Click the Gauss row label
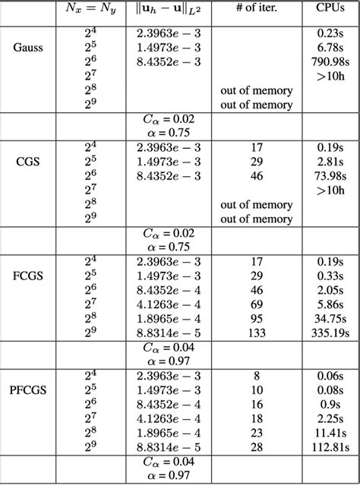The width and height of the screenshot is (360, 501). tap(29, 47)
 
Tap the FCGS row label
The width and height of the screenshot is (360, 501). tap(29, 274)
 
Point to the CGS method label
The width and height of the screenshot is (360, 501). tap(29, 161)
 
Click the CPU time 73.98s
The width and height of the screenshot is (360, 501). tap(327, 176)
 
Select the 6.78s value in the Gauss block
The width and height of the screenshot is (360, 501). tap(330, 48)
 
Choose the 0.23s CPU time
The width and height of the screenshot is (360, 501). tap(330, 33)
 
